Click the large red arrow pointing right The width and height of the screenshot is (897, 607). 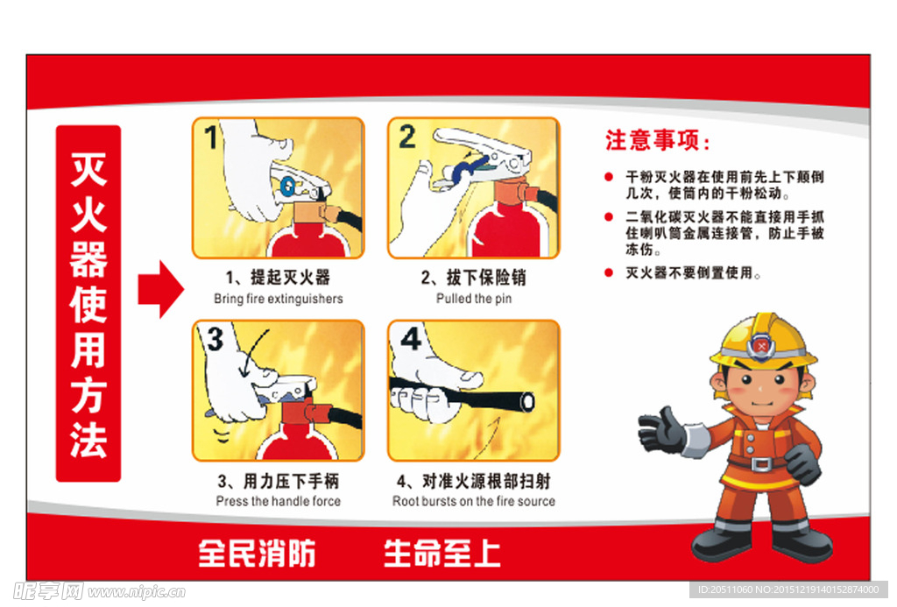160,288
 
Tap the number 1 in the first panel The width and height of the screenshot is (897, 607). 210,138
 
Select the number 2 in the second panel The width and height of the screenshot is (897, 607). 406,137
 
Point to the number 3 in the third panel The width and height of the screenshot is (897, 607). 214,337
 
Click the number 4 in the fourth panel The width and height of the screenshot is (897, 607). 410,337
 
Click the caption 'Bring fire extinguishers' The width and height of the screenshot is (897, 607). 278,299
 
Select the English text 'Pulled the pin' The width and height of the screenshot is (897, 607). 474,299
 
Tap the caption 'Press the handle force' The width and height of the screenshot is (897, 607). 278,501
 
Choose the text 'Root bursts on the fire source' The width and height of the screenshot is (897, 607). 474,501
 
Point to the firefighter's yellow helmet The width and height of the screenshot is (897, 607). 763,342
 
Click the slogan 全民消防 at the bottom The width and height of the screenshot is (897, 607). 257,553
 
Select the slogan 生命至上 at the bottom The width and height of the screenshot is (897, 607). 442,553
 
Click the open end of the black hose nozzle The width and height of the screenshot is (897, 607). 527,401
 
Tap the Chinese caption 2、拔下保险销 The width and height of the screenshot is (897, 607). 474,278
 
